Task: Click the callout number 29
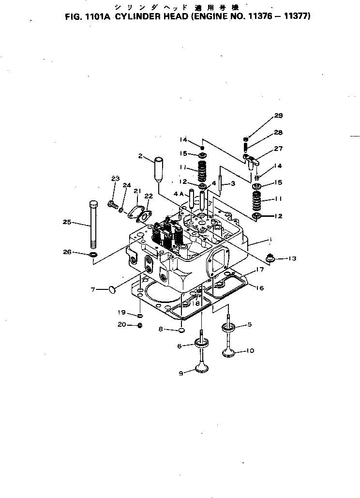(278, 116)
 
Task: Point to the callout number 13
(291, 258)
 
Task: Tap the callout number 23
(115, 179)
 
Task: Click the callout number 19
(123, 312)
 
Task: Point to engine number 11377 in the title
(297, 15)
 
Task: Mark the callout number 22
(149, 196)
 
